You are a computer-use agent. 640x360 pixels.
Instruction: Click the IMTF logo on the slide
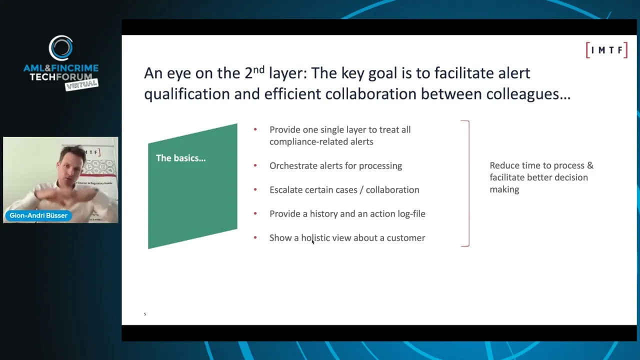tap(606, 50)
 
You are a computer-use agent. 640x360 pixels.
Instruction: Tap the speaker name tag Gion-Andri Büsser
tap(38, 215)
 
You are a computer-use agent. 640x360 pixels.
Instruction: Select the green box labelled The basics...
tap(192, 186)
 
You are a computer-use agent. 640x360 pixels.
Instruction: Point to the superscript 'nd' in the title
tap(258, 69)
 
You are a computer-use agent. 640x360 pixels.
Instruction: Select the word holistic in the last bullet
tap(315, 237)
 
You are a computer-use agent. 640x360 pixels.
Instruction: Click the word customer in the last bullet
tap(405, 237)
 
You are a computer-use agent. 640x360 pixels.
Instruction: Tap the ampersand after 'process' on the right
tap(590, 165)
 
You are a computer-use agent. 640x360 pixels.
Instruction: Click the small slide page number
tap(145, 314)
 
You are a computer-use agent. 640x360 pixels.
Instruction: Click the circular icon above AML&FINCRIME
tap(61, 48)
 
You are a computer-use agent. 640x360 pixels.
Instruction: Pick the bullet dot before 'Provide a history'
tap(255, 213)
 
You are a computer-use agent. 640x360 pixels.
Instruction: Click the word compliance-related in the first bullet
tap(321, 141)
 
